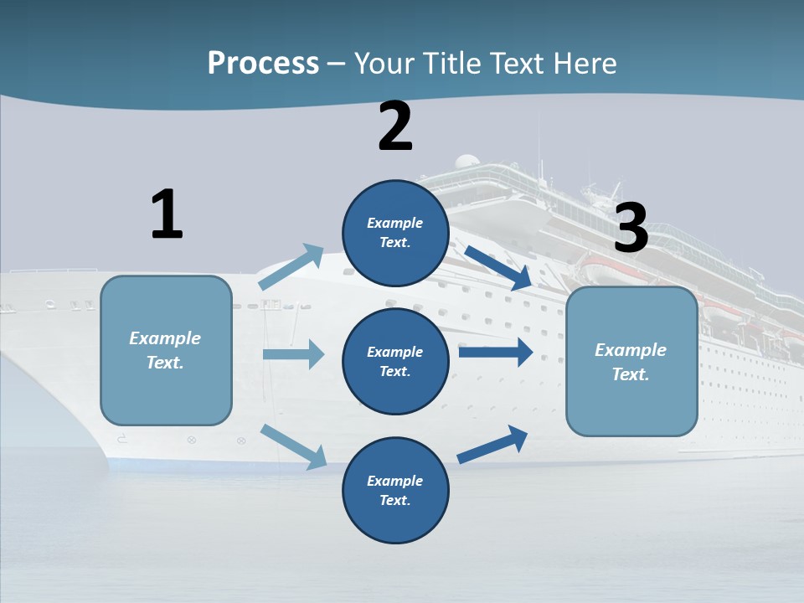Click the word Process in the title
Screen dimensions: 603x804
pos(263,64)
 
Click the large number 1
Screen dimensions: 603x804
pos(167,214)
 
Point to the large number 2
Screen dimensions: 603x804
pos(395,126)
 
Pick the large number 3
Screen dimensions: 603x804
pos(631,228)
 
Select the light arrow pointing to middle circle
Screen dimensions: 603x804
pos(293,354)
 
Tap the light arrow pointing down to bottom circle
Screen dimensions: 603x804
pos(293,446)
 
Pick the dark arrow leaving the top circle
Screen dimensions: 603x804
pos(497,268)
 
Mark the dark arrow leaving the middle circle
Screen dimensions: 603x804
pos(496,352)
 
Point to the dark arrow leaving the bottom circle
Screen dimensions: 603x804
pos(492,445)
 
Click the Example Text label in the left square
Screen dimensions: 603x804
pos(165,350)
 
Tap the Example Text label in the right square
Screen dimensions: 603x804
pos(631,362)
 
